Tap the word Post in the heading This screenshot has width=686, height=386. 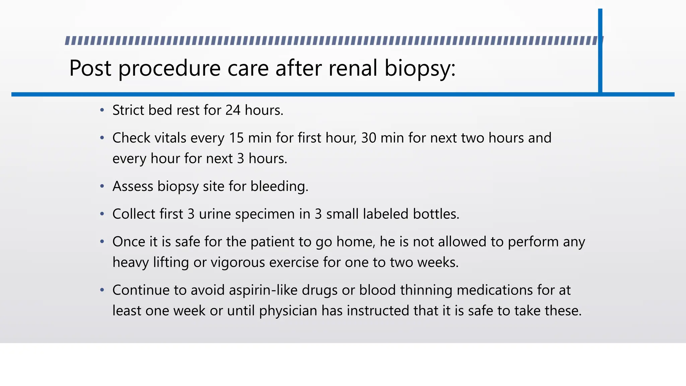point(90,68)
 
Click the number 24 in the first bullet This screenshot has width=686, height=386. point(233,110)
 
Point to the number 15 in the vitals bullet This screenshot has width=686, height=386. point(236,138)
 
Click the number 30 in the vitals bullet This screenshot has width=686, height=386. point(368,138)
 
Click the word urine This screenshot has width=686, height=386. point(215,214)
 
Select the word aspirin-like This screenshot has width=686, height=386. point(263,290)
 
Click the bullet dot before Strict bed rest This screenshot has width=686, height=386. point(102,110)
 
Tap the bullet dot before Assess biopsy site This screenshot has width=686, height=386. point(102,186)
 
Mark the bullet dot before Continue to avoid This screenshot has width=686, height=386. point(102,290)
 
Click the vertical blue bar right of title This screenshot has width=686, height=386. point(600,50)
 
